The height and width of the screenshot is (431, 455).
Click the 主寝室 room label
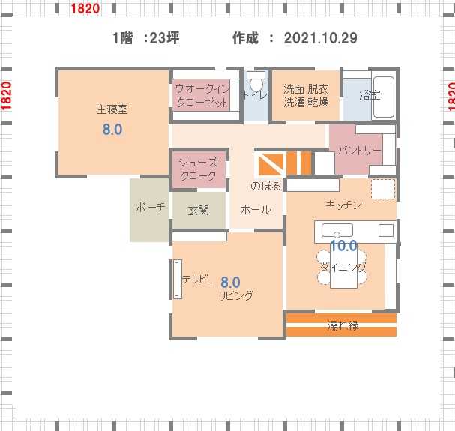[x=112, y=109]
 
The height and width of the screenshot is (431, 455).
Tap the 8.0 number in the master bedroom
[x=112, y=129]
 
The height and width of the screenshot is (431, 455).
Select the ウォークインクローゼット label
[x=202, y=95]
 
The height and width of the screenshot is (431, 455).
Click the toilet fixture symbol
[x=256, y=81]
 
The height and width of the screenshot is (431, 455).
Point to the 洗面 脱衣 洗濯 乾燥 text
[x=306, y=95]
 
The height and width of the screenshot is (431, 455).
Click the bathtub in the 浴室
[x=383, y=97]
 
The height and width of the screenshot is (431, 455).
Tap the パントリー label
[x=360, y=150]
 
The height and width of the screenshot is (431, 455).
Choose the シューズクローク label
[x=198, y=169]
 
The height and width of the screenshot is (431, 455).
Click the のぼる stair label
[x=265, y=186]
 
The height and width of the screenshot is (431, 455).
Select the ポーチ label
[x=151, y=207]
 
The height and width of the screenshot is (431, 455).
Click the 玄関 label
[x=199, y=210]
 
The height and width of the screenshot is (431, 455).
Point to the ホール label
[x=256, y=209]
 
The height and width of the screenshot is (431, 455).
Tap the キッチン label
[x=343, y=205]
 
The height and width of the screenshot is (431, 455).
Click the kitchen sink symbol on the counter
[x=337, y=230]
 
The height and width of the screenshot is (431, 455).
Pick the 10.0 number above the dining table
[x=343, y=246]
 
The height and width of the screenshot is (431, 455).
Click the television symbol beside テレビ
[x=178, y=279]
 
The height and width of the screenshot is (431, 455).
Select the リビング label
[x=236, y=295]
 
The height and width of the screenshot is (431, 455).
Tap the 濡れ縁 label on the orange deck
[x=343, y=325]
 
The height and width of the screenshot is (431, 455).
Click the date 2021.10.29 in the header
[x=320, y=38]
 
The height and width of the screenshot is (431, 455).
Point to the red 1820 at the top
[x=85, y=8]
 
